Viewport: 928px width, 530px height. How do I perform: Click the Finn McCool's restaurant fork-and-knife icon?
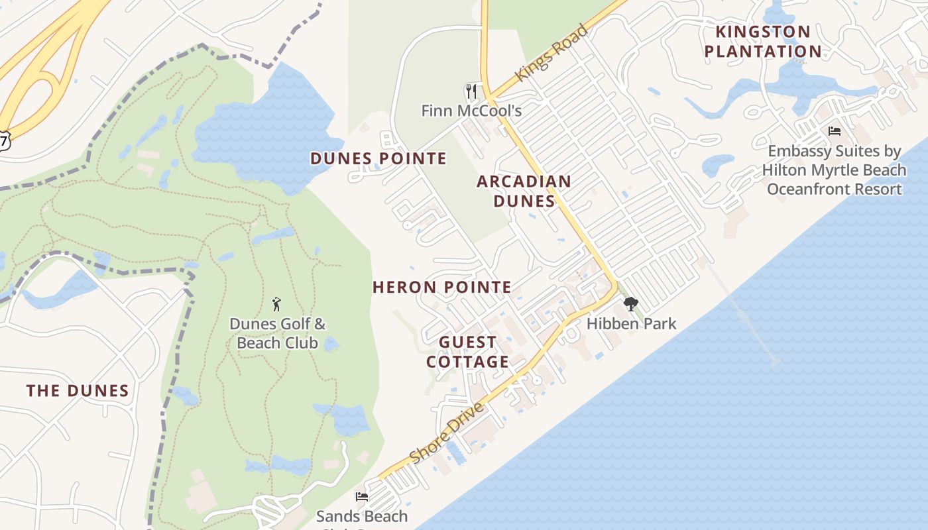[471, 91]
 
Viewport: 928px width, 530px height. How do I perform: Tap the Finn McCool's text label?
[471, 111]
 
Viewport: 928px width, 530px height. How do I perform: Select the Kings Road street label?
[551, 53]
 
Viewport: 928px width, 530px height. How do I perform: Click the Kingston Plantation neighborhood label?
[763, 41]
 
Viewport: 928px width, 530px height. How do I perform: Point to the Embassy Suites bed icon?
[835, 131]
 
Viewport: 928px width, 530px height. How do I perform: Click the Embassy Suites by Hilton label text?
[834, 170]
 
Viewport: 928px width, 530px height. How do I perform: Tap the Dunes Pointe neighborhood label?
[378, 158]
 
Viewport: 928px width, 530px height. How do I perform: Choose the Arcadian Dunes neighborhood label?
[524, 191]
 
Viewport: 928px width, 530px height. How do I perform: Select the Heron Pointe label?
[441, 287]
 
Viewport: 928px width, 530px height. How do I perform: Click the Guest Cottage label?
[467, 352]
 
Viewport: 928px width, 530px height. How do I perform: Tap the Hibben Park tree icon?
[630, 304]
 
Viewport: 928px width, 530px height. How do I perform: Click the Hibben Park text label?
[631, 324]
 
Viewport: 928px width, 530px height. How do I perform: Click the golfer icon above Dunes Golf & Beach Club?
[276, 304]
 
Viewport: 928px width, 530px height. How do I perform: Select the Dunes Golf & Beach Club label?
[277, 333]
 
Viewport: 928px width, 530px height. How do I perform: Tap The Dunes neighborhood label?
[78, 390]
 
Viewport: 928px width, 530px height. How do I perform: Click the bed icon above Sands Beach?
[362, 496]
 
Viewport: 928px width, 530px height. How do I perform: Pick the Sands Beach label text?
[362, 516]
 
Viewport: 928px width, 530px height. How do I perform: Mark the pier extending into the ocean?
[742, 311]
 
